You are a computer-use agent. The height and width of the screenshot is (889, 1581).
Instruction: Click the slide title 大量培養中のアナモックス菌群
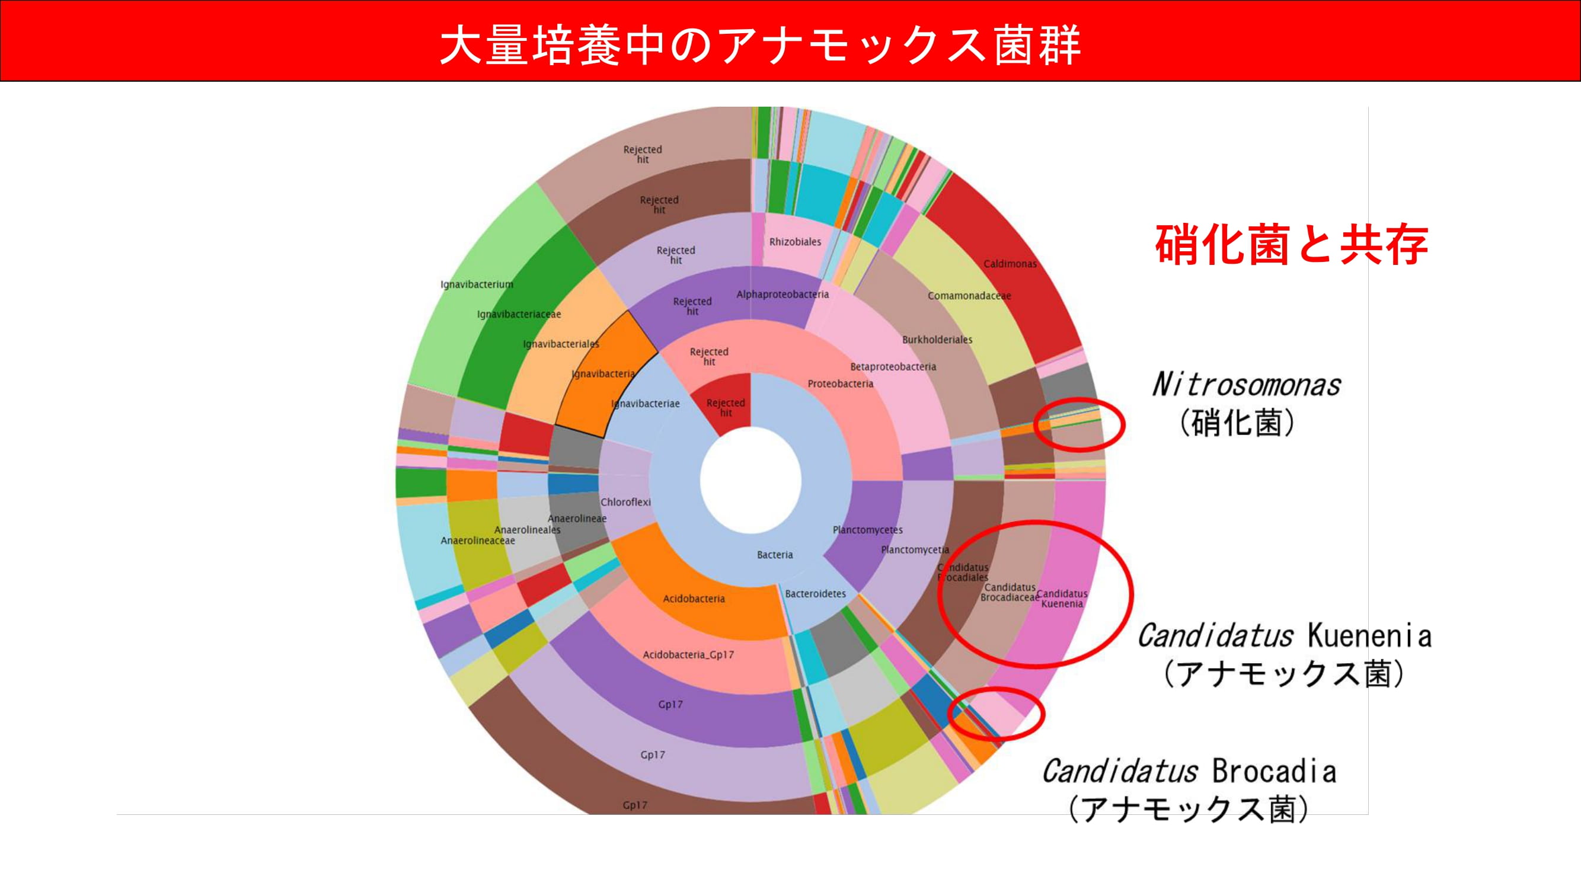tap(760, 44)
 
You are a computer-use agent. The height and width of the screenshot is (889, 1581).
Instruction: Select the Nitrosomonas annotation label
tap(1246, 385)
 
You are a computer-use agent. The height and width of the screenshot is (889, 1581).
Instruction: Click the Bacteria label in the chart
tap(775, 555)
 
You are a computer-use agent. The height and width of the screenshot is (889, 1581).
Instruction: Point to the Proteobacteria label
tap(840, 384)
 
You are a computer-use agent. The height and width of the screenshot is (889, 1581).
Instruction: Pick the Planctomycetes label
tap(867, 529)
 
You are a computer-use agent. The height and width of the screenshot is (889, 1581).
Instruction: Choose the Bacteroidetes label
tap(815, 594)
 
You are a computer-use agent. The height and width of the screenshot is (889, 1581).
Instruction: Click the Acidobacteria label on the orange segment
tap(694, 599)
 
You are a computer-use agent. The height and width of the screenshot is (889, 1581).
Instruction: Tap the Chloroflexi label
tap(625, 502)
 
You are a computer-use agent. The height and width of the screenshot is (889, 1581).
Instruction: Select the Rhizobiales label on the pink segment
tap(795, 242)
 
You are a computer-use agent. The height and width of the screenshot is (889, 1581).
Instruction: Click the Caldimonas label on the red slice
tap(1010, 264)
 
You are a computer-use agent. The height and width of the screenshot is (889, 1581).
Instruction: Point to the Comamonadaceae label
tap(969, 296)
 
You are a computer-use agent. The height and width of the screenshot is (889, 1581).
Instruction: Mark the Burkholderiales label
tap(937, 340)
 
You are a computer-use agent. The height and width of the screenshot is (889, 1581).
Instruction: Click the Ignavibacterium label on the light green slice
tap(476, 284)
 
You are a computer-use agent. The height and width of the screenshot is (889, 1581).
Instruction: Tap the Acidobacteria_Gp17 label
tap(688, 655)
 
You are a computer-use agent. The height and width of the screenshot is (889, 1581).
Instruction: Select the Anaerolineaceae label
tap(477, 541)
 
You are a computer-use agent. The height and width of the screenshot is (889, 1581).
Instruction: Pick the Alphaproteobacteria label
tap(782, 295)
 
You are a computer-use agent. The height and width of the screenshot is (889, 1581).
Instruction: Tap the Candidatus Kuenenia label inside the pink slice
tap(1062, 599)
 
